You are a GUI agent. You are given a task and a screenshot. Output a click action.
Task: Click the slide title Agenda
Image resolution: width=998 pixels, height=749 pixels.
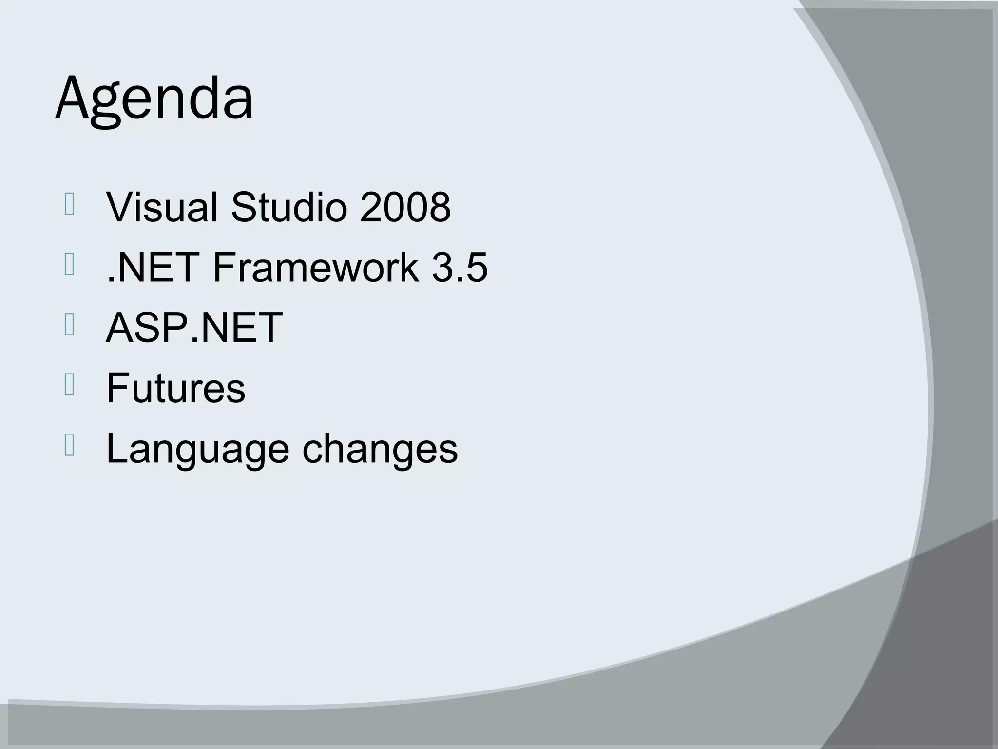pos(154,99)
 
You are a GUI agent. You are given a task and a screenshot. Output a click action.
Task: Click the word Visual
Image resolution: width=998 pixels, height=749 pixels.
pos(161,207)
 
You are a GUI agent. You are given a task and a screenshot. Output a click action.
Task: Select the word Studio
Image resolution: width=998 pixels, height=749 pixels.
pos(290,207)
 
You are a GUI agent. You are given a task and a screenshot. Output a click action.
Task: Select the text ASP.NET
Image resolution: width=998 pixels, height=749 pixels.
pos(194,328)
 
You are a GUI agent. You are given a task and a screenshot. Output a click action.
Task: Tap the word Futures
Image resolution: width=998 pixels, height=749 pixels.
pos(175,388)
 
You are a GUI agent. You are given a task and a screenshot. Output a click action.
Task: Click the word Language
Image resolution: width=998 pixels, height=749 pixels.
pos(197,449)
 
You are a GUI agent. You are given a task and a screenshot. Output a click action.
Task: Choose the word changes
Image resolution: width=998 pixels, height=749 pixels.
pos(380,449)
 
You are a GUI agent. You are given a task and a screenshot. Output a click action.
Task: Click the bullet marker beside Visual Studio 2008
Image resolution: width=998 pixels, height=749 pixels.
pos(69,204)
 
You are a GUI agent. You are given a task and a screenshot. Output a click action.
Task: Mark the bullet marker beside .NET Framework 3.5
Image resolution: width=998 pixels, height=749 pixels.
pos(69,265)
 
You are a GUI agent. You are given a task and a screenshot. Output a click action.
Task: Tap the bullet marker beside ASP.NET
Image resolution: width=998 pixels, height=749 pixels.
pos(69,325)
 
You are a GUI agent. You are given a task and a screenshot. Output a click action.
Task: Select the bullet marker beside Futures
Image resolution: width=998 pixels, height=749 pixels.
pos(69,385)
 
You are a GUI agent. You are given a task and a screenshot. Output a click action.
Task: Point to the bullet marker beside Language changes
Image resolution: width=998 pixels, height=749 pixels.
pos(69,445)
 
